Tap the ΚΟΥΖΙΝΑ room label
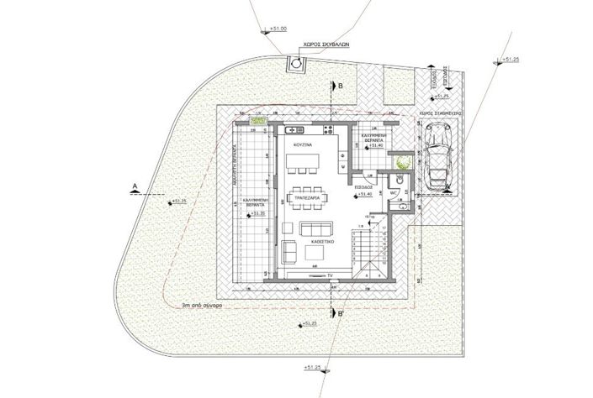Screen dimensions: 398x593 pos(304,146)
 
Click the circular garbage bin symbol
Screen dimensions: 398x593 pos(298,61)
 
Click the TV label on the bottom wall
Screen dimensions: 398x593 pos(332,275)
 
